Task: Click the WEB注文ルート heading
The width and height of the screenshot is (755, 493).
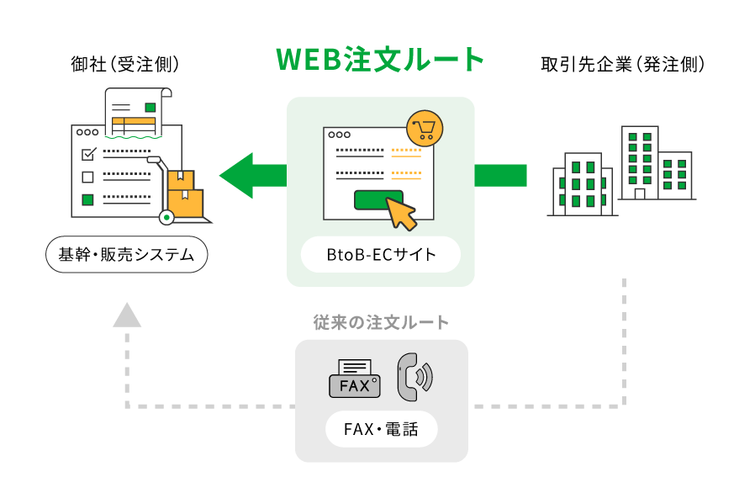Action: coord(381,59)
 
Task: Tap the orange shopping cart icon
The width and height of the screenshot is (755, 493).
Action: coord(424,128)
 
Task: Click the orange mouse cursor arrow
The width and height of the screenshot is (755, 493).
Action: coord(401,213)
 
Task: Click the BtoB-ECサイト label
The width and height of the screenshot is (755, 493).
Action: coord(381,254)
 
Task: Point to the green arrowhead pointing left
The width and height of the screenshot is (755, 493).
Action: coord(237,175)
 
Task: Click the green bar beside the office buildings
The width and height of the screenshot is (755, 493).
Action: coord(500,175)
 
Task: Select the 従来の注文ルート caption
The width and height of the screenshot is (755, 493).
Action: coord(381,322)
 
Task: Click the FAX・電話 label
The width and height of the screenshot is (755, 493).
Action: coord(381,430)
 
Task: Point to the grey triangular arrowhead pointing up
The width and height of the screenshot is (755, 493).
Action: coord(127,315)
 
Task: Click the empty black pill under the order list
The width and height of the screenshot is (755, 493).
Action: coord(127,254)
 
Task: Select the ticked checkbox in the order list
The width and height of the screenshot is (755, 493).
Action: coord(87,154)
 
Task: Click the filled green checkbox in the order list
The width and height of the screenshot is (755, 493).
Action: coord(87,199)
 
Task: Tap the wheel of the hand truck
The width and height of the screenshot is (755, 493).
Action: coord(166,218)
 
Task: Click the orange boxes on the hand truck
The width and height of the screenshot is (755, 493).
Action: coord(184,194)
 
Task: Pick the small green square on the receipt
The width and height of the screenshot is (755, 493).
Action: coord(150,107)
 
